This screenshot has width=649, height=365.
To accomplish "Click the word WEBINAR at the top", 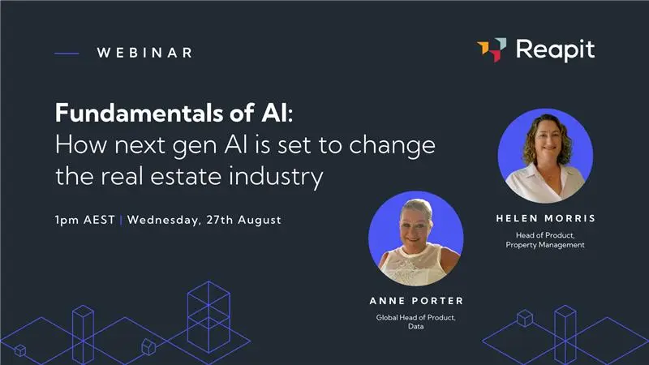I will coord(144,53).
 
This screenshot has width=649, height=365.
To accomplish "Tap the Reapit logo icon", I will coord(492,49).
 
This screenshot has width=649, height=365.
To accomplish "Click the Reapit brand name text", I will coord(555,50).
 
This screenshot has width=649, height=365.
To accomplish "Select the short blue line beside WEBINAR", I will coord(67,54).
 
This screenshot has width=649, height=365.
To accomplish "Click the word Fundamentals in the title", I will coord(129,113).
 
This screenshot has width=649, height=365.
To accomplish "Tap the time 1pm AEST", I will coord(85,220).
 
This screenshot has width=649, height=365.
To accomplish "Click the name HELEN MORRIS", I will coord(544,219).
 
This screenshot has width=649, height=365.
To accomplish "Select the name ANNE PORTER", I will coord(416,301).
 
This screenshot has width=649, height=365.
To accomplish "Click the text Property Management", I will coord(545,245).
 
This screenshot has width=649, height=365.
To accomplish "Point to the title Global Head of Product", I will coord(416,318).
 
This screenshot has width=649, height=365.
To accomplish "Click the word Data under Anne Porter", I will coord(416,328).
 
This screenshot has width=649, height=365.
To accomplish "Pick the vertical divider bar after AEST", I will coord(121,220).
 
